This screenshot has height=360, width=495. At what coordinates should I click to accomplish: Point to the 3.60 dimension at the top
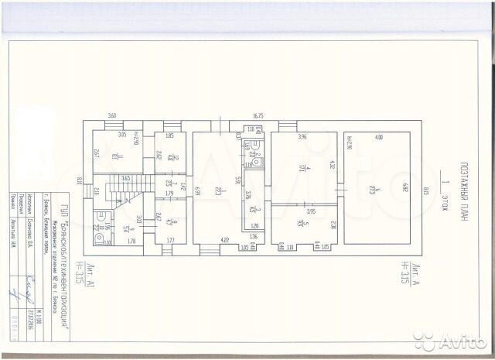111,116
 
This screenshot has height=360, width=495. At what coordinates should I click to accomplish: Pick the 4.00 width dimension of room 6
379,137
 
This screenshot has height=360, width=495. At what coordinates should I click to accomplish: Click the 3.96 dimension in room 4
302,137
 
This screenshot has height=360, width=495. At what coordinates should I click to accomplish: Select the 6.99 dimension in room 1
197,190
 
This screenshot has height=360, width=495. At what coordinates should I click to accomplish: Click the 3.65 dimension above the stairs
125,178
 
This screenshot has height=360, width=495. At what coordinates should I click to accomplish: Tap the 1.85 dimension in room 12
169,136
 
